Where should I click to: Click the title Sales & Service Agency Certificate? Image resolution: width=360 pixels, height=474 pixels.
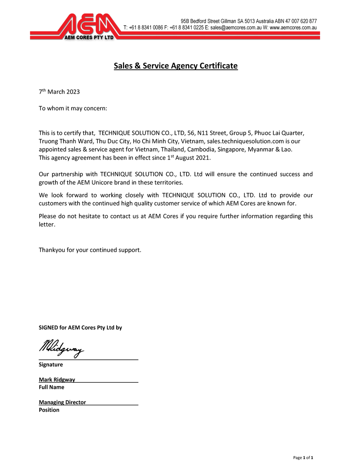176,66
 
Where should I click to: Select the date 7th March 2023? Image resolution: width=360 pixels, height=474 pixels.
59,92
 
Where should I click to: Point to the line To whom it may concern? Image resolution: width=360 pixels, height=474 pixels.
73,108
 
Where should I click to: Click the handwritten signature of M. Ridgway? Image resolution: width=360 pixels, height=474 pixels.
61,348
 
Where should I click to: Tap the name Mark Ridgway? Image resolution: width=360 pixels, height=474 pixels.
57,380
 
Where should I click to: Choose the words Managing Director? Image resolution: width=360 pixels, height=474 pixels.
62,402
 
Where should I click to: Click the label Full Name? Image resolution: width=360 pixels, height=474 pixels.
52,387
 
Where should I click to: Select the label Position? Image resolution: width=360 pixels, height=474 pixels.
49,410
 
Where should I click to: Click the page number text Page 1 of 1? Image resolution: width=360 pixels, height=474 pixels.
303,458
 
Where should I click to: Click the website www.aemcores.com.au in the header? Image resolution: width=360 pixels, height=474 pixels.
293,28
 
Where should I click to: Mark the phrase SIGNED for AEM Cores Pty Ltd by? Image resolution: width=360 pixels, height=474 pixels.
80,328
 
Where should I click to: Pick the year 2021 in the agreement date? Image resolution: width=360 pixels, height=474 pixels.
203,158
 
